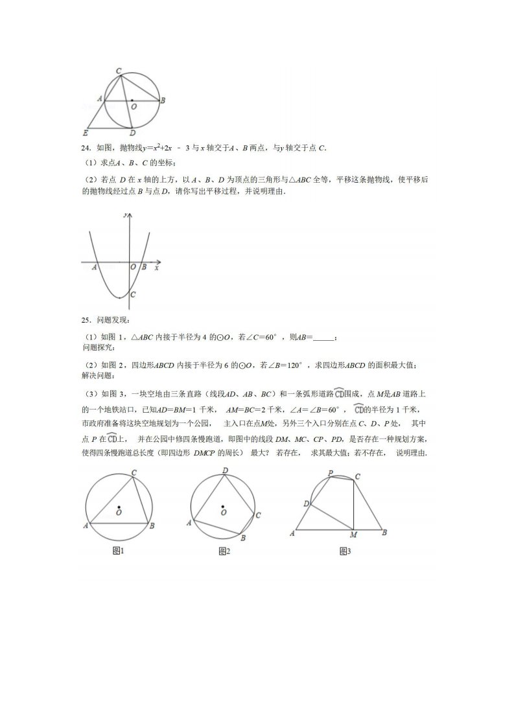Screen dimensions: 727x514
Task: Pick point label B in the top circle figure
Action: click(x=163, y=100)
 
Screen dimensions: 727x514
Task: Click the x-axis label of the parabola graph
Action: click(x=157, y=266)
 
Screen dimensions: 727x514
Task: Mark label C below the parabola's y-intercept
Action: click(x=132, y=295)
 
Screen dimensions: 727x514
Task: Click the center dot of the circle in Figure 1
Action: click(x=119, y=506)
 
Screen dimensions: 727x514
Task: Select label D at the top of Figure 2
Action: click(x=224, y=470)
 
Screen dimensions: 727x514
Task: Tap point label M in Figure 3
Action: click(x=353, y=535)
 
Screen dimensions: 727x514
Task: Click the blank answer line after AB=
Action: click(x=324, y=338)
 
